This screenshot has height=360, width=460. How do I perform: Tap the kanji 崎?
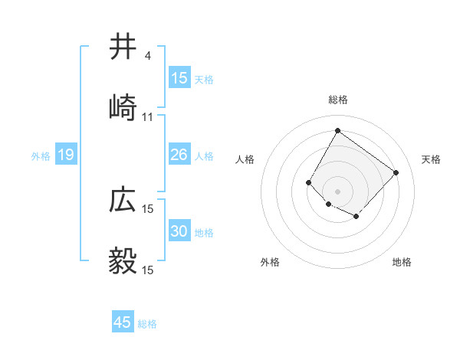pyautogui.click(x=123, y=108)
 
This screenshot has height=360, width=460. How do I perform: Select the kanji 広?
pyautogui.click(x=123, y=200)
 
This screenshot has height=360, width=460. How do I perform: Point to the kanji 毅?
pyautogui.click(x=123, y=261)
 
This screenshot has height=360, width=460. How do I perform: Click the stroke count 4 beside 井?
pyautogui.click(x=147, y=56)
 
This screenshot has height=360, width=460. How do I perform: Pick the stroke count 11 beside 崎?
pyautogui.click(x=148, y=117)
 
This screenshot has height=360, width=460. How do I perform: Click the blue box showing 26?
pyautogui.click(x=179, y=155)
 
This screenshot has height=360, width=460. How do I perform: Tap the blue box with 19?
pyautogui.click(x=65, y=155)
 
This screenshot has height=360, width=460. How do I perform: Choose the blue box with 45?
pyautogui.click(x=123, y=322)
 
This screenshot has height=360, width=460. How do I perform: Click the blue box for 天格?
pyautogui.click(x=179, y=78)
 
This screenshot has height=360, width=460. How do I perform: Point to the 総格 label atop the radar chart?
pyautogui.click(x=337, y=100)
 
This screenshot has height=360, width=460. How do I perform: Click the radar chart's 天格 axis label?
pyautogui.click(x=431, y=159)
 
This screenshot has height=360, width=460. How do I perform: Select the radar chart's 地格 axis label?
pyautogui.click(x=402, y=262)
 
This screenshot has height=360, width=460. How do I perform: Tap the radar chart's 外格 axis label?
pyautogui.click(x=270, y=262)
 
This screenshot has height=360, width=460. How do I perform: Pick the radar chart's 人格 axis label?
pyautogui.click(x=245, y=159)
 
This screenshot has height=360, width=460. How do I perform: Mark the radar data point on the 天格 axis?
pyautogui.click(x=396, y=172)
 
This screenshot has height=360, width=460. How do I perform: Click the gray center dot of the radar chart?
pyautogui.click(x=337, y=191)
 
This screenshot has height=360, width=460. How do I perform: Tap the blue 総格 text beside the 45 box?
pyautogui.click(x=147, y=324)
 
